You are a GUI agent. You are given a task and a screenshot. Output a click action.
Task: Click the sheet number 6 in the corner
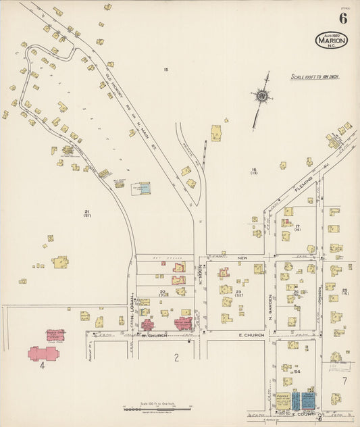(343, 18)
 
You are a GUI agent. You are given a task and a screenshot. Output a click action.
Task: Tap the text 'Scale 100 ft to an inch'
(315, 77)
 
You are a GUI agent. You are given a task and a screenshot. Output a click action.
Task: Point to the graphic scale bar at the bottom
(157, 409)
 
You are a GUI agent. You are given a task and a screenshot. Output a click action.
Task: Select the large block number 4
(42, 366)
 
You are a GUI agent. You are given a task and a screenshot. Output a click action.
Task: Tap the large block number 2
(176, 357)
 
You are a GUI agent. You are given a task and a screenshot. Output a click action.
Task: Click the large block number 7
(344, 381)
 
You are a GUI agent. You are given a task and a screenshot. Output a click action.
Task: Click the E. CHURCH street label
(249, 335)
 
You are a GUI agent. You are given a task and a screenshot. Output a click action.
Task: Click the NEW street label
(242, 257)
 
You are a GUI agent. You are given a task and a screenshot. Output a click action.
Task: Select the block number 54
(297, 372)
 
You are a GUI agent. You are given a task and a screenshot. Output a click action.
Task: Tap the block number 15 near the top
(165, 70)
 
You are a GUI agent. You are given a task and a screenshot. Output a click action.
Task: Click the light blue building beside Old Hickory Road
(145, 189)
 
